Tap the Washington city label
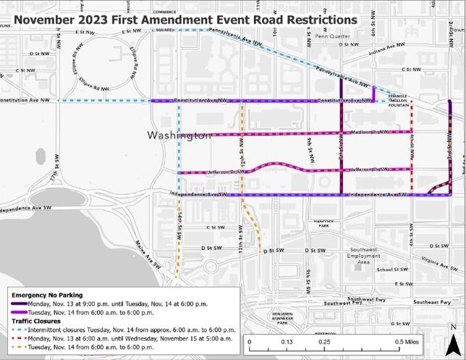point(179,135)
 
